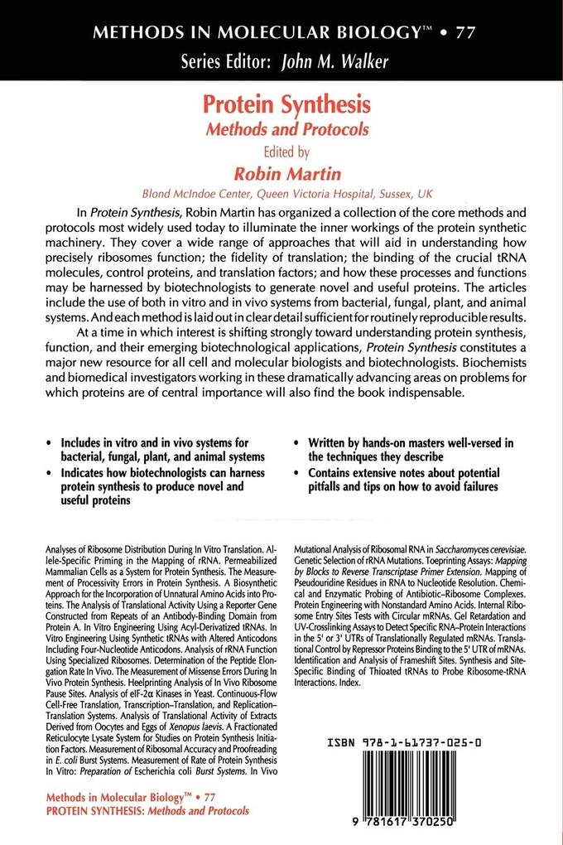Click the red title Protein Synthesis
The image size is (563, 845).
click(281, 107)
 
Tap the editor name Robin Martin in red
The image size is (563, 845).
click(281, 171)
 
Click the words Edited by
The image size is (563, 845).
click(281, 151)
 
